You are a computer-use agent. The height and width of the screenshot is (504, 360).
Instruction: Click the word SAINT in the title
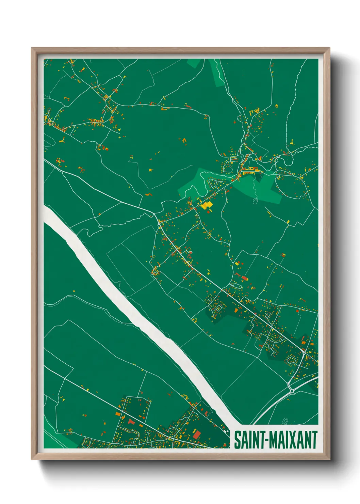[250, 440]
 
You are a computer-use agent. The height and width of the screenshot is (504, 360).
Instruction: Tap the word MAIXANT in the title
[294, 440]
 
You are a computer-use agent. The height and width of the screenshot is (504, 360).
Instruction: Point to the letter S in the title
[237, 440]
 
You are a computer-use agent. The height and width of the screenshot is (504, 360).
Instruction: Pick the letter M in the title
[275, 440]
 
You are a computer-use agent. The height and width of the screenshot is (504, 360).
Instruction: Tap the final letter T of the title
[315, 440]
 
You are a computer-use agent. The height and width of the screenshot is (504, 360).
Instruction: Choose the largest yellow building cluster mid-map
[206, 205]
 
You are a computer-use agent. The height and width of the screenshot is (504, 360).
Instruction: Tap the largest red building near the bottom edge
[196, 435]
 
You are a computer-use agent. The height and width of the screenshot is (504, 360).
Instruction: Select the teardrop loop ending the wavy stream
[255, 201]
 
